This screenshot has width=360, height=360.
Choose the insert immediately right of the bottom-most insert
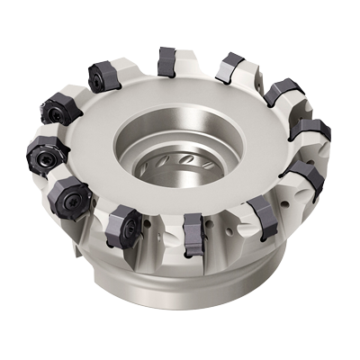[x=262, y=213]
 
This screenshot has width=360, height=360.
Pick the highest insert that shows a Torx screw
[x=104, y=76]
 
